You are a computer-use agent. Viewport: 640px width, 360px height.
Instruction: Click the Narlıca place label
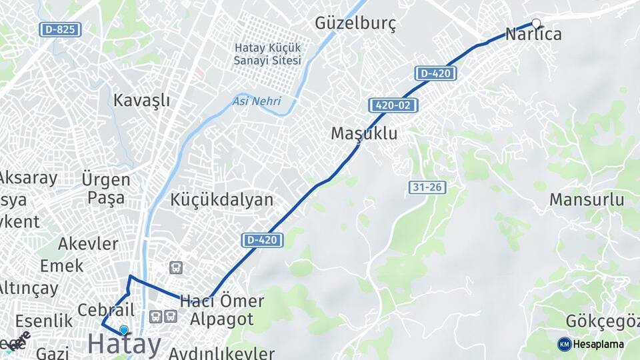click(533, 34)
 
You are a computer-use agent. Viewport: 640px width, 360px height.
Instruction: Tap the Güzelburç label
click(355, 24)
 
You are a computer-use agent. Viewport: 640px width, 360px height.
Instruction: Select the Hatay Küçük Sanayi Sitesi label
click(267, 54)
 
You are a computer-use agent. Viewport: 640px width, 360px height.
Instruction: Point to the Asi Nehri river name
click(257, 101)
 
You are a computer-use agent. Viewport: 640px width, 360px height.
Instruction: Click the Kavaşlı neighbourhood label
click(141, 101)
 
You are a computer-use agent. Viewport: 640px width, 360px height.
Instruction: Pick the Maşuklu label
click(364, 133)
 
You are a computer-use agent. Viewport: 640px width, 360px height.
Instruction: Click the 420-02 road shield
click(393, 105)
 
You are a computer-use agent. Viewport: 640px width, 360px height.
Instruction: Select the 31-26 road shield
click(427, 187)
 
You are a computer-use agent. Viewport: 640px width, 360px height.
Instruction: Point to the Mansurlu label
click(587, 199)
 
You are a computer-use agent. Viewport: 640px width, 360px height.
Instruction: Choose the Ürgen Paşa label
click(106, 189)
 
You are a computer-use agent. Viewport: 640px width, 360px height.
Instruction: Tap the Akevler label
click(88, 243)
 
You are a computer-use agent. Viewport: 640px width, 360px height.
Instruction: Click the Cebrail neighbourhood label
click(106, 310)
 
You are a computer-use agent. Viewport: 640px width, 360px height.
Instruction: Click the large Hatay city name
click(125, 344)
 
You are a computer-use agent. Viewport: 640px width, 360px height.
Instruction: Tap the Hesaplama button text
click(598, 344)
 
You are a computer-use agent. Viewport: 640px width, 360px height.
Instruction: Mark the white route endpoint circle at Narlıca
click(536, 23)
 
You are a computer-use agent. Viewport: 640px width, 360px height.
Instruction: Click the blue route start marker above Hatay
click(123, 329)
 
